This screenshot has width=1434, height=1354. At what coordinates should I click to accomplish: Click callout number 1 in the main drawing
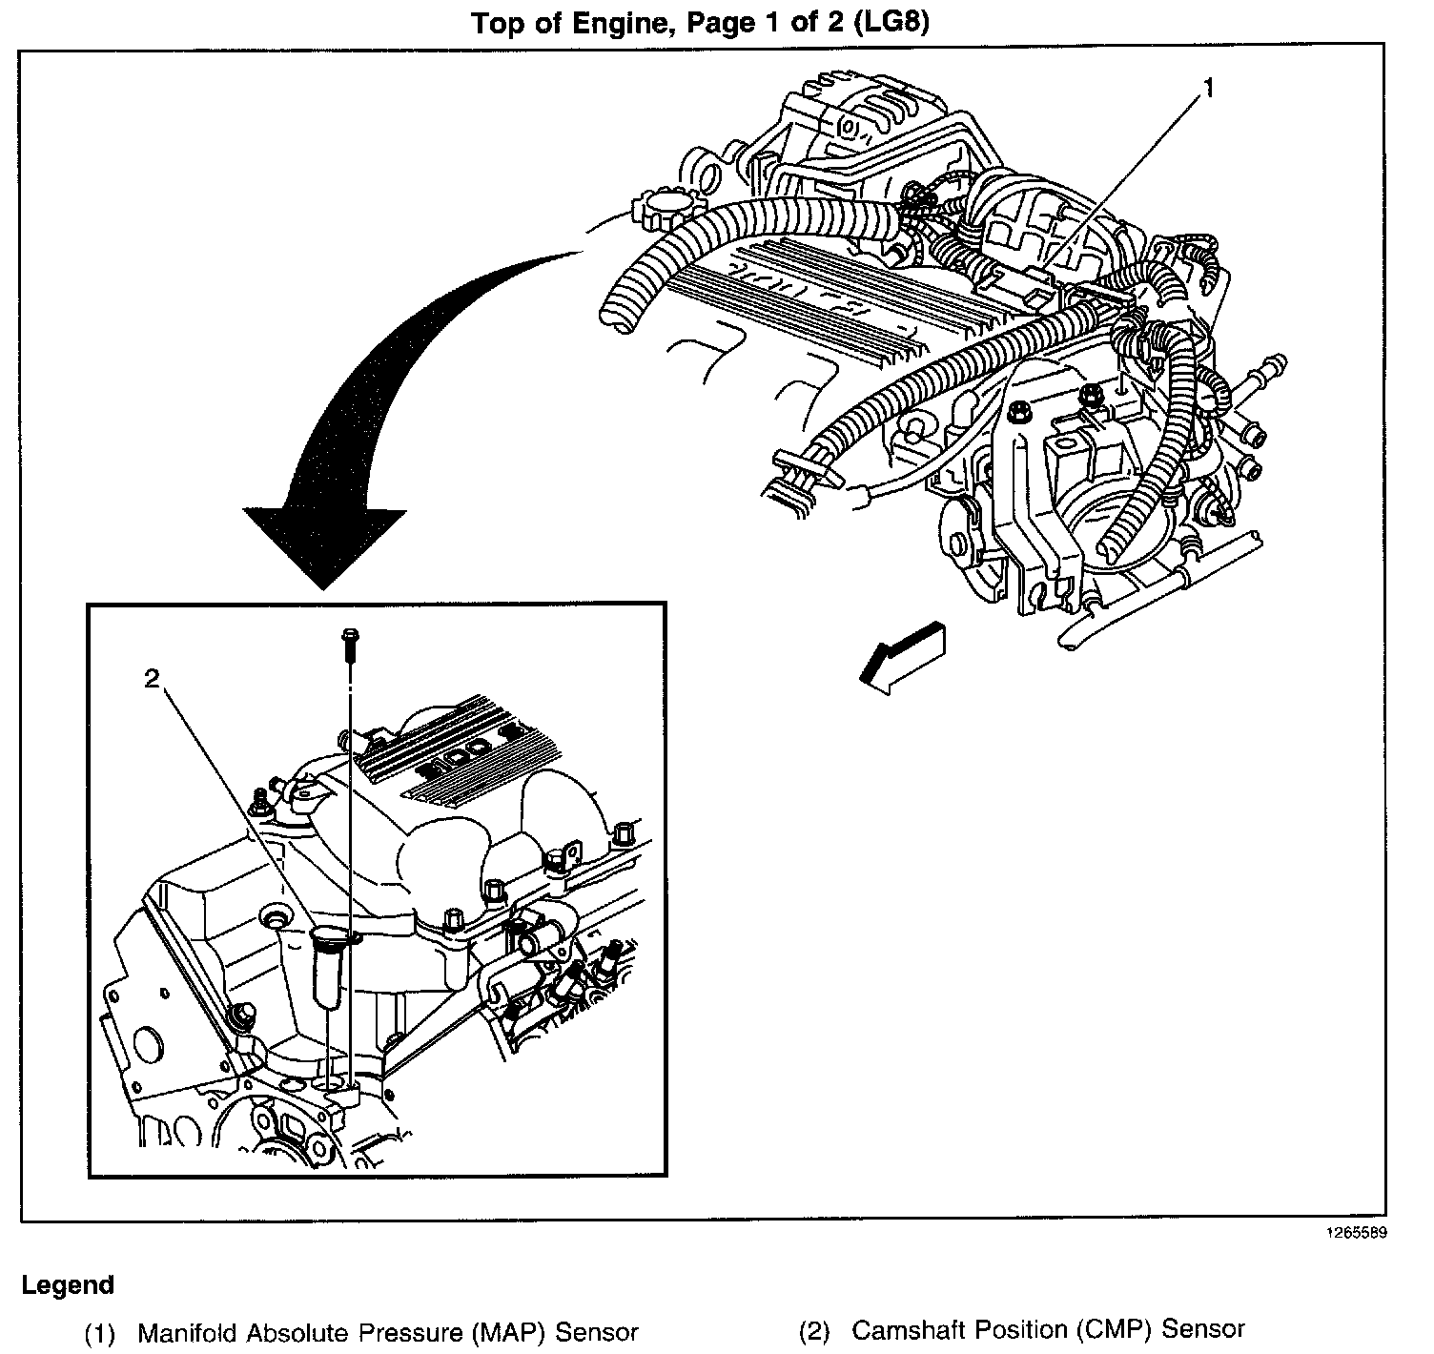[1208, 90]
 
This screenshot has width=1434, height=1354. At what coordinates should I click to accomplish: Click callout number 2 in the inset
[153, 678]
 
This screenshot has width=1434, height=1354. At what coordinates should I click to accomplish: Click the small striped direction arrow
[902, 654]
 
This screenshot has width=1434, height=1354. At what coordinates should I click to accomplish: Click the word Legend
[68, 1284]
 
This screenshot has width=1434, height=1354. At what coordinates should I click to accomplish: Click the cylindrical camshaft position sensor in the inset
[327, 965]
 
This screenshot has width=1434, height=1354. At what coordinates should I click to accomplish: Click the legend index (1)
[100, 1332]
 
